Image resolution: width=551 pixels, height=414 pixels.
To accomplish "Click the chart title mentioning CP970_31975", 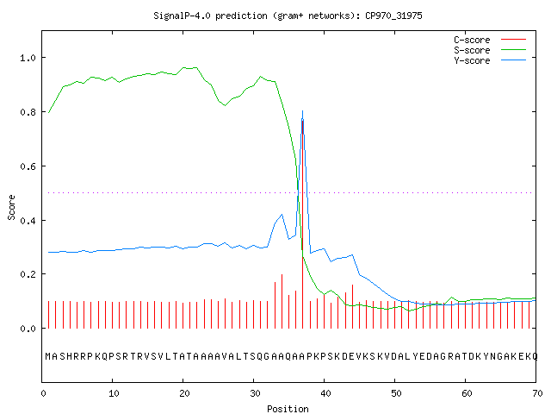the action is tap(288, 16).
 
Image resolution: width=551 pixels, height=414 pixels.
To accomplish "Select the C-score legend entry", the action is tap(490, 40).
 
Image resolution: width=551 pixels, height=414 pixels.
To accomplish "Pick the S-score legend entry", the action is tap(490, 50).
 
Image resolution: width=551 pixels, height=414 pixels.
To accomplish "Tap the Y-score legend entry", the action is tap(490, 60).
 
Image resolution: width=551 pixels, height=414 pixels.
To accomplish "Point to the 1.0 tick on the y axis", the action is tap(28, 58).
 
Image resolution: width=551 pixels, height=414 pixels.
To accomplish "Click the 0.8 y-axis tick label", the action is tap(28, 112).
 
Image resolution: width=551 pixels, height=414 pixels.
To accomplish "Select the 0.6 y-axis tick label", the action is tap(28, 166).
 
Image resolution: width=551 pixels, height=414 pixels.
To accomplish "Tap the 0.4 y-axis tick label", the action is tap(28, 221).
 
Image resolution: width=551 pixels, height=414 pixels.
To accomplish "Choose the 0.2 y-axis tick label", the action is tap(28, 274).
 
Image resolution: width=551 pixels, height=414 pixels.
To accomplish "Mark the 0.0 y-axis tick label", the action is tap(28, 329).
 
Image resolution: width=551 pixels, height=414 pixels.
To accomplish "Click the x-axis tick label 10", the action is tap(114, 393).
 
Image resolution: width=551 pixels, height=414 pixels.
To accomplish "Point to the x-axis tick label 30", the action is tap(255, 393).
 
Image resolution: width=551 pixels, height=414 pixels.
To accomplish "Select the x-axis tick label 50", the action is tap(396, 393).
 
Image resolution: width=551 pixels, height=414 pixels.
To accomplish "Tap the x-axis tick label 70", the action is tap(537, 393).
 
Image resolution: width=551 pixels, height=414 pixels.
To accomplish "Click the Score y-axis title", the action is tap(11, 207).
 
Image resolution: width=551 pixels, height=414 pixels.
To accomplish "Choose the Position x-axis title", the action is tap(288, 409).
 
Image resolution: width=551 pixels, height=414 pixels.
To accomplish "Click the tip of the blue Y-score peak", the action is tap(302, 111).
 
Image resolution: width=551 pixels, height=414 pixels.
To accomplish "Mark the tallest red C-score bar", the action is tap(302, 224).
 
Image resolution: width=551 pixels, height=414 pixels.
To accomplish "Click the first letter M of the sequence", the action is tap(48, 356).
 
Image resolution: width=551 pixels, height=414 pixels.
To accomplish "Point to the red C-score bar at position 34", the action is tap(282, 301).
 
